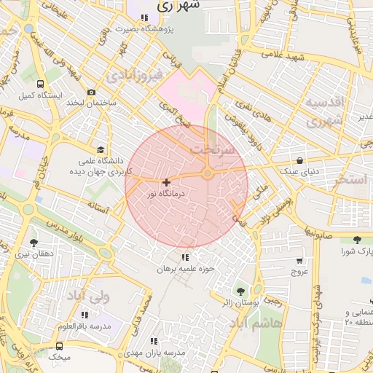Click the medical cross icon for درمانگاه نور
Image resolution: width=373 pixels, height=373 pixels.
pos(167,181)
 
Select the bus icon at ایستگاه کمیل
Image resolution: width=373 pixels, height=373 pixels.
pos(39,83)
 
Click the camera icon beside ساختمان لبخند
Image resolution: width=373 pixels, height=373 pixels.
pos(91,92)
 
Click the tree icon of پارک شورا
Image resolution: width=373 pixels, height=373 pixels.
pos(357,240)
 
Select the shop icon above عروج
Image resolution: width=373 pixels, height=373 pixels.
pos(299,260)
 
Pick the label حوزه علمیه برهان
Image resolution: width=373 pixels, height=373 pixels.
pos(186,269)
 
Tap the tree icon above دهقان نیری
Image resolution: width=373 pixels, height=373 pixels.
pos(34,242)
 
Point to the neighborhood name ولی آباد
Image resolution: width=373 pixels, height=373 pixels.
pos(87,297)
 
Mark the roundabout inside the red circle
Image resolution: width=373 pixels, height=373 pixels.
pos(208,173)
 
